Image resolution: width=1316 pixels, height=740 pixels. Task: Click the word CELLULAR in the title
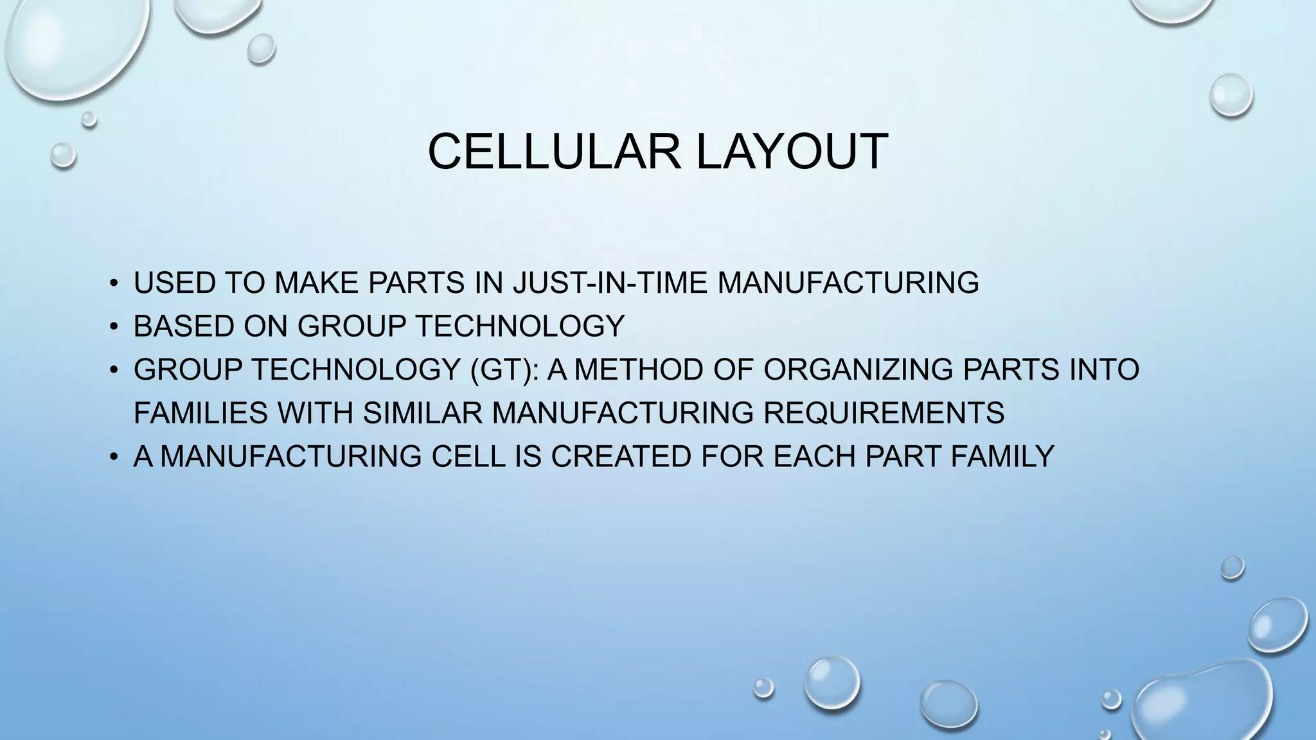tap(553, 152)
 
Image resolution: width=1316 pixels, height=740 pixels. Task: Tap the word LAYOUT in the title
tap(792, 152)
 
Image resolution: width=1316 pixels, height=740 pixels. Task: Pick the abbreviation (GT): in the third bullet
tap(504, 369)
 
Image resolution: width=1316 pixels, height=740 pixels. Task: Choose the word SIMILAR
tap(422, 412)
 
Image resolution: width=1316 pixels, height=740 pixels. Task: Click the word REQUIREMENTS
tap(884, 412)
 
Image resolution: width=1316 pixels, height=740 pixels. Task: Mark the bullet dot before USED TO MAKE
tap(114, 283)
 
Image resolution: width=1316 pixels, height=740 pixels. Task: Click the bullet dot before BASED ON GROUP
tap(114, 326)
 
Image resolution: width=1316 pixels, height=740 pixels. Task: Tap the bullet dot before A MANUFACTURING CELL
tap(114, 457)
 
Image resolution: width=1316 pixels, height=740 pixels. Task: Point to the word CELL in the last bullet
tap(468, 456)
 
